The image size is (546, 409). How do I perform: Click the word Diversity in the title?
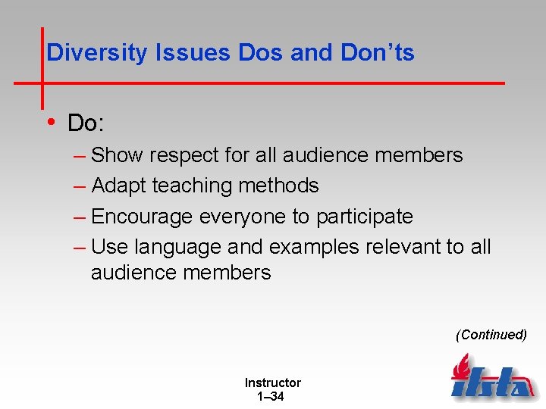[97, 52]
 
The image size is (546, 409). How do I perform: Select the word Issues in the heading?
[194, 52]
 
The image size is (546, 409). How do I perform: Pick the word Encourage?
[142, 217]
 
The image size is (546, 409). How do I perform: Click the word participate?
[365, 217]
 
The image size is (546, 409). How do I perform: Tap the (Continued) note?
[491, 335]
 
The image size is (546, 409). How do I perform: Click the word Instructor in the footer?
[272, 382]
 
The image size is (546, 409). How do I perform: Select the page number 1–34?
[271, 396]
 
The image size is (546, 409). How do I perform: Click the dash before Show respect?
[80, 156]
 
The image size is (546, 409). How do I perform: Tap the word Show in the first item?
[117, 155]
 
